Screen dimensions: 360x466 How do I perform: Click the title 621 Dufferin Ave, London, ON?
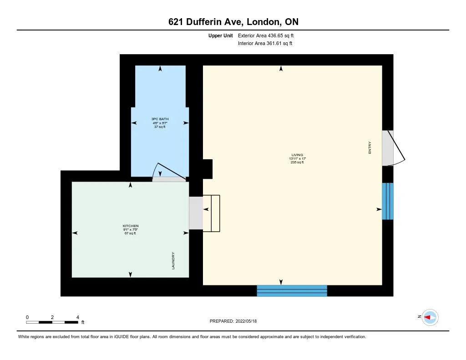tap(233, 22)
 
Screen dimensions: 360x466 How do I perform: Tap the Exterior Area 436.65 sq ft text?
tap(269, 35)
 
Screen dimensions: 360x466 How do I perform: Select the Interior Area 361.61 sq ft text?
tap(265, 44)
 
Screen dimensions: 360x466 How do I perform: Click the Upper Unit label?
tap(221, 35)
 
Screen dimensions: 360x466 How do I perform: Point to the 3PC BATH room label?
tap(160, 119)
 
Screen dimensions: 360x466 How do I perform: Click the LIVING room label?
tap(297, 155)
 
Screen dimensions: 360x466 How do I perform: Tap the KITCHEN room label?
tap(131, 226)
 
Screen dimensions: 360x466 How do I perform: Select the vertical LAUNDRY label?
tap(173, 261)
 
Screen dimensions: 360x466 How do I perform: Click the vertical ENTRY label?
tap(370, 147)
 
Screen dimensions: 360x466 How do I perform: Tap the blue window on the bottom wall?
tap(292, 290)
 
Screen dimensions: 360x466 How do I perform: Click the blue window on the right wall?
tap(387, 201)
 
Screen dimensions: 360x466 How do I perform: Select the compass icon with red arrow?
tap(430, 317)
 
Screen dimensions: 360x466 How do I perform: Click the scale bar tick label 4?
tap(78, 317)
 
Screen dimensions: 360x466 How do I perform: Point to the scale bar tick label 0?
tap(27, 317)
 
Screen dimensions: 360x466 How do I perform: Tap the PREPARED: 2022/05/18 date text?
tap(233, 321)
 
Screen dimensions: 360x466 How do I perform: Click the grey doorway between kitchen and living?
tap(196, 213)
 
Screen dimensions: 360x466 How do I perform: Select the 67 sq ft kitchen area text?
tap(131, 233)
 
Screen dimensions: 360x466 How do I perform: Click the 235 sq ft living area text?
tap(297, 162)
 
